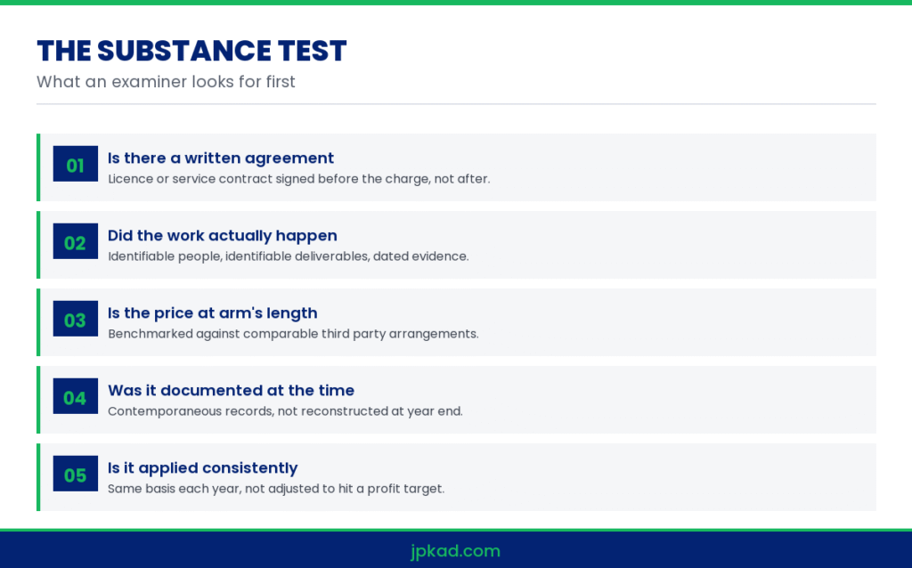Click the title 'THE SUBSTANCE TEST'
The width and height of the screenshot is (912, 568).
pos(191,51)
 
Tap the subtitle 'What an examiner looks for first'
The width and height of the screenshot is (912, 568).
pos(166,81)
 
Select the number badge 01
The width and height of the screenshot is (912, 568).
pos(76,164)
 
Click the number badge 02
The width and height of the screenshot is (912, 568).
pos(76,241)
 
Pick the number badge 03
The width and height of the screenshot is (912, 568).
pos(76,319)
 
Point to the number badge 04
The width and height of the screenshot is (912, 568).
pos(76,396)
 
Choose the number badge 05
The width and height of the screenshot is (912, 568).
pos(76,474)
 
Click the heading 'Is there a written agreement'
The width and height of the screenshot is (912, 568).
pos(221,158)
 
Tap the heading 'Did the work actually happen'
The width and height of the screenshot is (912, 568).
pos(223,235)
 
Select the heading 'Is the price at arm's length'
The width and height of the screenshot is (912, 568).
pos(213,313)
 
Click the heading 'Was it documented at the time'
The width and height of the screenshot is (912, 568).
pos(232,390)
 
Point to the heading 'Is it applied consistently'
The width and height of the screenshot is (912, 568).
pos(203,468)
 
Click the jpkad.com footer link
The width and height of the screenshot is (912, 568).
pos(455,551)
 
